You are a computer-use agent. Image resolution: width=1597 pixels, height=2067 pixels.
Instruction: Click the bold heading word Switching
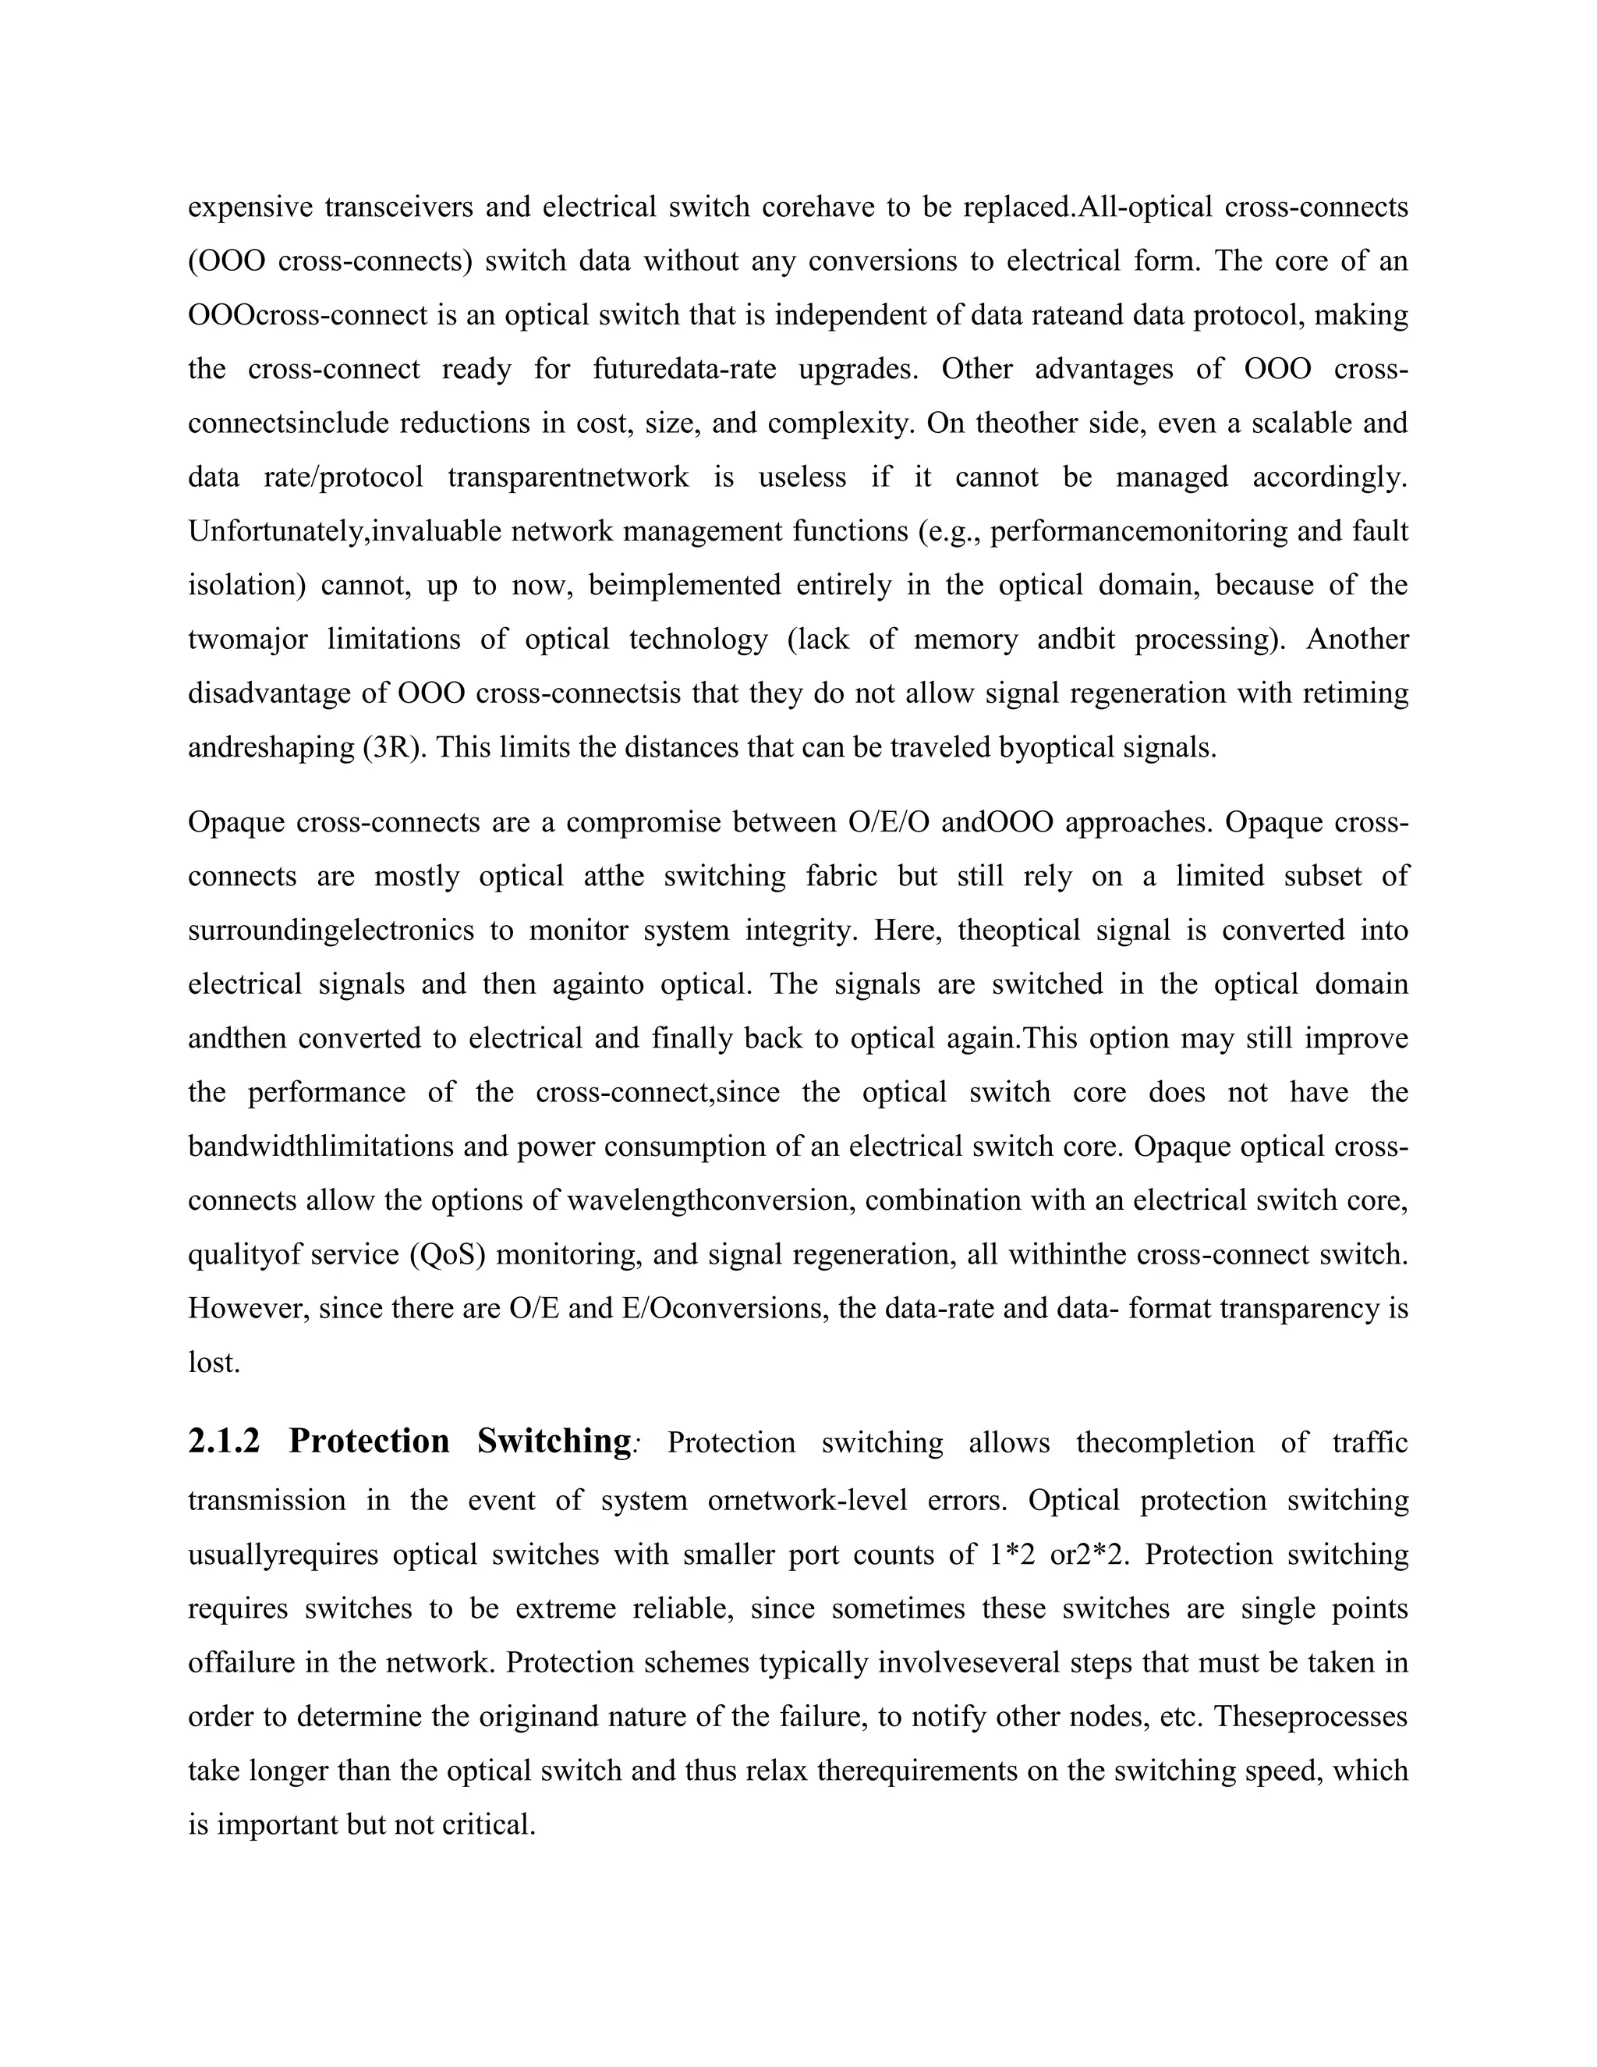554,1441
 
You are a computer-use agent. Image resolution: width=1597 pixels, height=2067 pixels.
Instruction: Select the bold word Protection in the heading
369,1441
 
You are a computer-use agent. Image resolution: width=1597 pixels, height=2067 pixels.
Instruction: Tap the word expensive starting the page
250,207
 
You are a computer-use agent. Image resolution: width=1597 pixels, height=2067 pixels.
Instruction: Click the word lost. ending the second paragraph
214,1363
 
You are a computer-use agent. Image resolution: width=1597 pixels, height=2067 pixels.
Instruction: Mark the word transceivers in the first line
398,207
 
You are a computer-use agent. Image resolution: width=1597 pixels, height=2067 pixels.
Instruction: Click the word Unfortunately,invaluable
345,532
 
